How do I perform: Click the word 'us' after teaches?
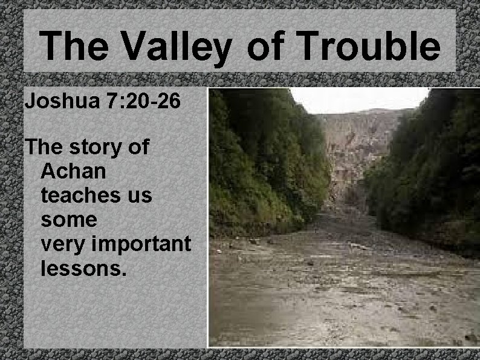[141, 195]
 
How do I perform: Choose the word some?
[68, 220]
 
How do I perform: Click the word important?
[143, 244]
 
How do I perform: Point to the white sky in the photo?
[357, 99]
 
